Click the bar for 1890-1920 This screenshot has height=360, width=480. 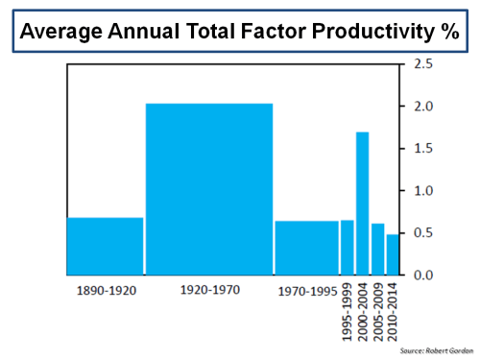(x=105, y=246)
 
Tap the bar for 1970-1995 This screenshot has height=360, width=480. (x=306, y=248)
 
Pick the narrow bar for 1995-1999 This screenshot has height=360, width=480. (x=347, y=248)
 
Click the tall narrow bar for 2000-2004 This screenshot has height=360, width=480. (x=363, y=203)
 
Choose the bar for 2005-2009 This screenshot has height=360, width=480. (x=378, y=249)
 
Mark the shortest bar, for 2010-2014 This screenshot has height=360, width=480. (x=393, y=254)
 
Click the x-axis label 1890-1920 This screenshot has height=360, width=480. (x=106, y=288)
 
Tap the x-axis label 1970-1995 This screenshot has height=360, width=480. (x=307, y=288)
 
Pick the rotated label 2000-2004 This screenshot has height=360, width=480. (x=363, y=310)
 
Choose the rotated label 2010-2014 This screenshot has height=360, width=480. (x=394, y=310)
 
